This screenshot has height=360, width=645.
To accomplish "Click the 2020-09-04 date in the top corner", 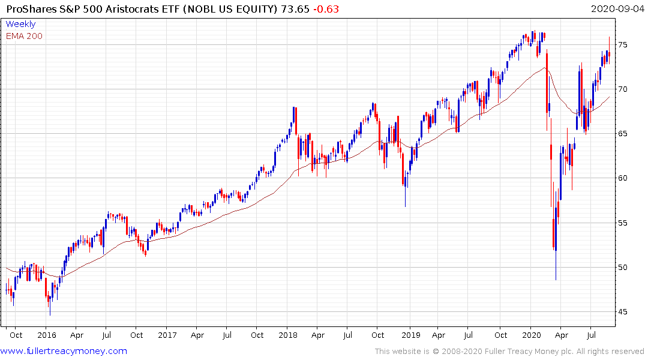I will click(616, 8).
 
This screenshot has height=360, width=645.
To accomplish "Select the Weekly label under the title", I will click(20, 24).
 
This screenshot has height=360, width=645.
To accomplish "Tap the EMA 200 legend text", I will click(24, 36).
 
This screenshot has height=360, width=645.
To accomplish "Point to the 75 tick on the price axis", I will click(623, 45).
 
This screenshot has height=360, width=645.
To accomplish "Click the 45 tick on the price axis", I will click(623, 312).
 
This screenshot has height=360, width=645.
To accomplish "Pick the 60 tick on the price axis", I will click(623, 178).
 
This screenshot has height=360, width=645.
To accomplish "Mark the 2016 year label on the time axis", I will click(46, 335).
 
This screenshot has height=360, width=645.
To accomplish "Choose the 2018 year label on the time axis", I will click(288, 335).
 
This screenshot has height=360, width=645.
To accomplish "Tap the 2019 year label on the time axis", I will click(410, 335).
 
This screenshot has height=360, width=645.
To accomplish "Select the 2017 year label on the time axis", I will click(167, 335).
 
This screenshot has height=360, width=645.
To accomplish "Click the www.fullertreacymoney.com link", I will click(64, 351).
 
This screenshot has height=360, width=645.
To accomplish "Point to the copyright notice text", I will click(509, 351).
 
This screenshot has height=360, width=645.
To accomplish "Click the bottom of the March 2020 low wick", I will click(556, 280).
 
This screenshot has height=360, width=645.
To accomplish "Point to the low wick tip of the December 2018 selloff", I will click(405, 206).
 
